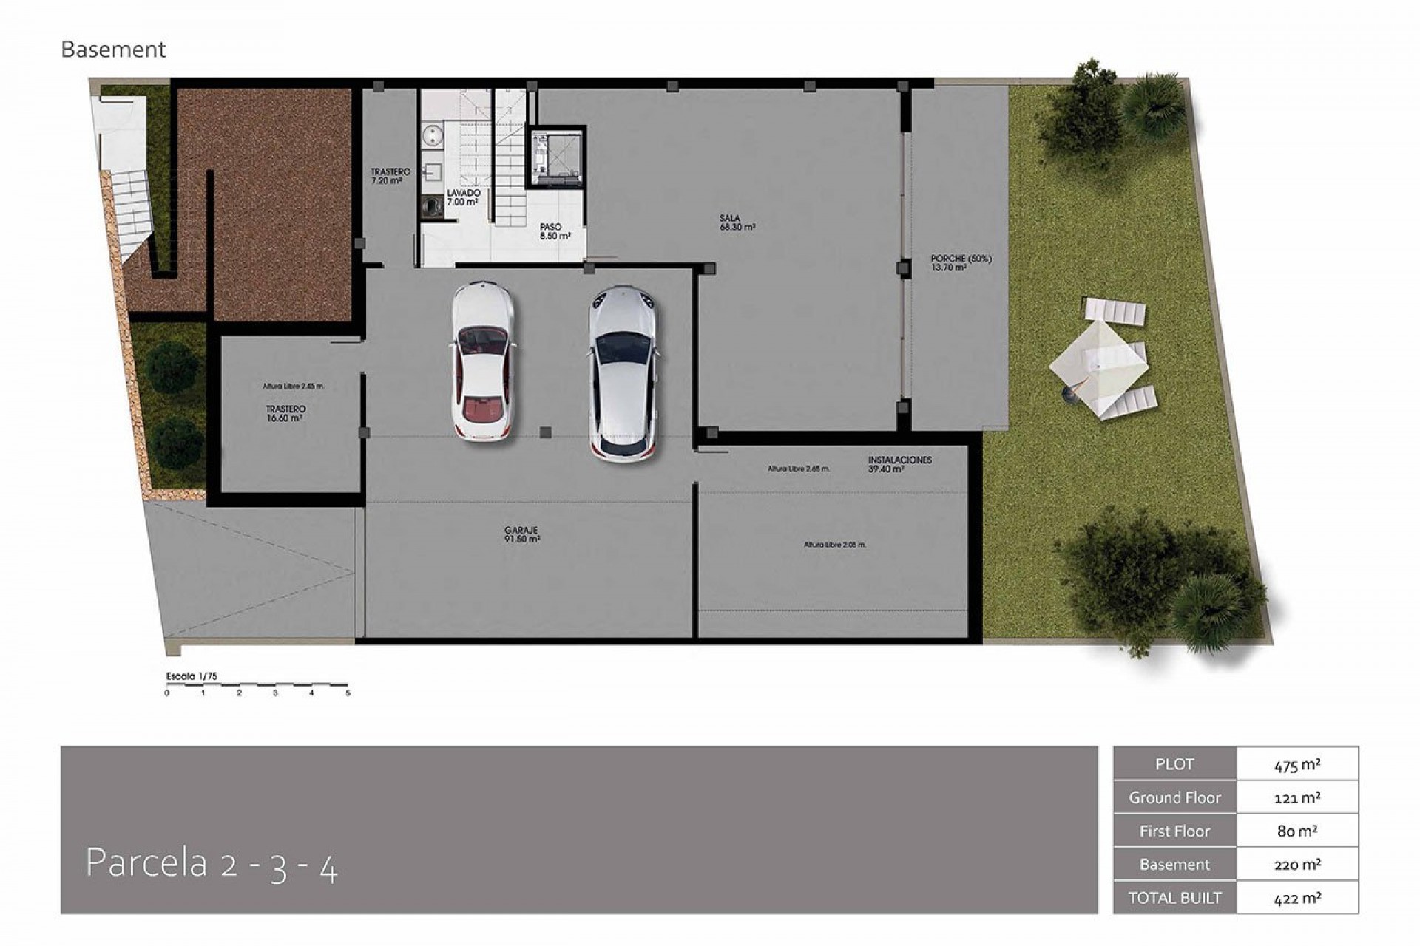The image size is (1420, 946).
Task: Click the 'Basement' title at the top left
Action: pyautogui.click(x=113, y=50)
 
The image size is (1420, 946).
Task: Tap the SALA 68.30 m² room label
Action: pyautogui.click(x=737, y=223)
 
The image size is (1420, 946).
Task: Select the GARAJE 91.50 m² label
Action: pyautogui.click(x=522, y=535)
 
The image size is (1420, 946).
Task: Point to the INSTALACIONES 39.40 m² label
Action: pyautogui.click(x=900, y=464)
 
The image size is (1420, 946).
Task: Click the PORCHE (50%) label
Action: pyautogui.click(x=961, y=263)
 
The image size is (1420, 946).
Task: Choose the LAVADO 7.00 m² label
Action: pyautogui.click(x=463, y=197)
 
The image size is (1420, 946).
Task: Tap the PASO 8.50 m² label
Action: pyautogui.click(x=555, y=232)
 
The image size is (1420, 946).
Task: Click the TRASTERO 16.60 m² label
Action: pyautogui.click(x=285, y=413)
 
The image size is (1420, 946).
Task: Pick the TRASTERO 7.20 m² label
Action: pyautogui.click(x=390, y=176)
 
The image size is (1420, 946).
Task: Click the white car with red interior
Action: pyautogui.click(x=482, y=361)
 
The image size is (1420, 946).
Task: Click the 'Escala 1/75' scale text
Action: pyautogui.click(x=192, y=676)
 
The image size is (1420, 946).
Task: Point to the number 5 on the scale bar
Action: pyautogui.click(x=348, y=693)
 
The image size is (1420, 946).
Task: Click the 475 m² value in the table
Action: pyautogui.click(x=1297, y=765)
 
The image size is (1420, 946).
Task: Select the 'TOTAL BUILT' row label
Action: pyautogui.click(x=1174, y=898)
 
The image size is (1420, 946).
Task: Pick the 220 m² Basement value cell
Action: pyautogui.click(x=1297, y=865)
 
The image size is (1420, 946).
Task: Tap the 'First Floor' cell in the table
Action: pyautogui.click(x=1174, y=831)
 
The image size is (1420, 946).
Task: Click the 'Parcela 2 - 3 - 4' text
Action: pyautogui.click(x=212, y=864)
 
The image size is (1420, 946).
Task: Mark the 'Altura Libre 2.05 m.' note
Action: pyautogui.click(x=835, y=545)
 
